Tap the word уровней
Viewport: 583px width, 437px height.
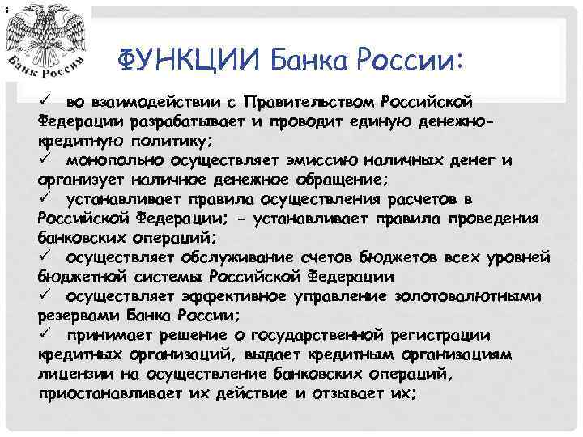[512, 257]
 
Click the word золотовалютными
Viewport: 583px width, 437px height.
[467, 296]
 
